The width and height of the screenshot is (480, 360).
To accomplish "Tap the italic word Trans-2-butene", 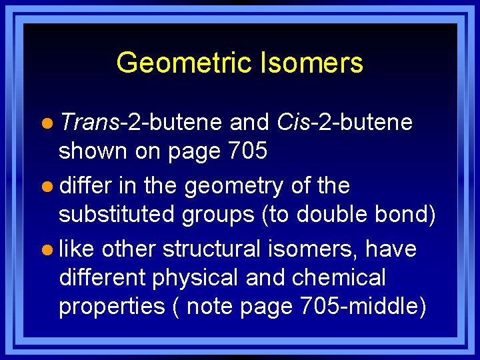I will [140, 123].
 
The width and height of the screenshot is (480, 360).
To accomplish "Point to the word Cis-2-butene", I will [343, 123].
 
